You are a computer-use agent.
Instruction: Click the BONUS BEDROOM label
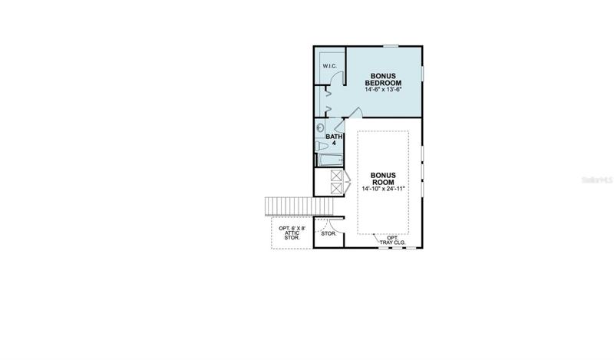[383, 80]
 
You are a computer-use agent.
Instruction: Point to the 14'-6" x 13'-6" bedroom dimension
[383, 90]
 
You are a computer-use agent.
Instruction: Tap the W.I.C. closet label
[330, 66]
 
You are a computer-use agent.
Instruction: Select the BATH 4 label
[334, 140]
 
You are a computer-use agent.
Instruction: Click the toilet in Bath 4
[322, 147]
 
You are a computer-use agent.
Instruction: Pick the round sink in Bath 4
[320, 127]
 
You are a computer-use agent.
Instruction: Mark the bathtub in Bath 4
[330, 160]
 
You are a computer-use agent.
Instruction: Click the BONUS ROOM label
[383, 179]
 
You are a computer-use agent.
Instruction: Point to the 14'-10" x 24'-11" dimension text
[383, 189]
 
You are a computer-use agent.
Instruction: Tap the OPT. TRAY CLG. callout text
[392, 240]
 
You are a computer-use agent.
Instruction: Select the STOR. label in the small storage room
[328, 234]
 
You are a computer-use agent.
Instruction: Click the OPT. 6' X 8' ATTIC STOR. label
[292, 233]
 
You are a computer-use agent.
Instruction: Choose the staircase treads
[299, 206]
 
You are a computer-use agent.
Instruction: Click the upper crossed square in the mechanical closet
[336, 176]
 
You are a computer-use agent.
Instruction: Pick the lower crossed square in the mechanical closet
[336, 188]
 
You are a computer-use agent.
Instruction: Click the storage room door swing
[335, 226]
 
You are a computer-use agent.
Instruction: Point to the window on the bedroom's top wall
[391, 46]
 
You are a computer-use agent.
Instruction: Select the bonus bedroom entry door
[355, 112]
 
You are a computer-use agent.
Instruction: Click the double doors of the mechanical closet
[346, 182]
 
